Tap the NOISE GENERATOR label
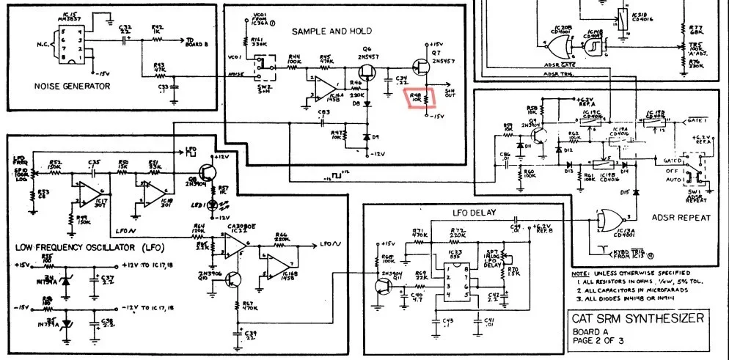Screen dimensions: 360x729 click(x=73, y=86)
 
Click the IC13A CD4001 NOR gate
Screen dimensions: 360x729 click(x=611, y=218)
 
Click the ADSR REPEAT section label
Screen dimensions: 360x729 click(x=681, y=217)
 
